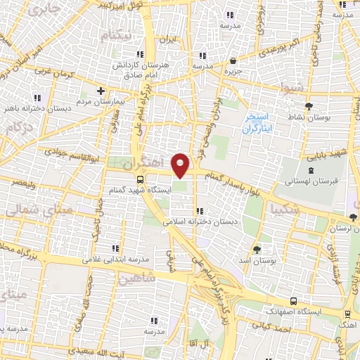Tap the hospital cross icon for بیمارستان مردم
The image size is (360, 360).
click(x=102, y=90)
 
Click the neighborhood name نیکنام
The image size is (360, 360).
click(x=135, y=36)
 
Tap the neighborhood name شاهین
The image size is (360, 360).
click(x=137, y=279)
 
